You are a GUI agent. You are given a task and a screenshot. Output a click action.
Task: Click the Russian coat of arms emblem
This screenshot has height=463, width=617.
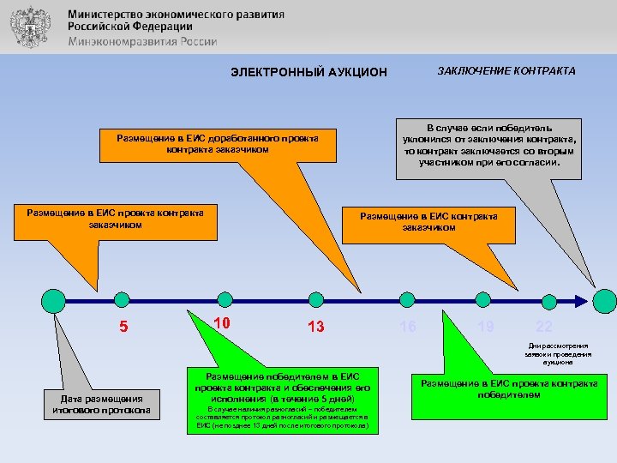click(29, 26)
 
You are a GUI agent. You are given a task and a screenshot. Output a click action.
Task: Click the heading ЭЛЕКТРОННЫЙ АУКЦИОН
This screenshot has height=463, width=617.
click(308, 72)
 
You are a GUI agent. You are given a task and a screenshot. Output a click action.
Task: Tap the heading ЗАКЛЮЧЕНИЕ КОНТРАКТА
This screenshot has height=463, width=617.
click(506, 71)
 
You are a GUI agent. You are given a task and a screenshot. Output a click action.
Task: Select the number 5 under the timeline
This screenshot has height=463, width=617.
click(123, 326)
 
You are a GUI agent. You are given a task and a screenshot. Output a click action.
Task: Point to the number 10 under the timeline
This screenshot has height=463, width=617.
click(221, 322)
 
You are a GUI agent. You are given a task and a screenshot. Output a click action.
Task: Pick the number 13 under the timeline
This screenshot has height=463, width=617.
click(315, 326)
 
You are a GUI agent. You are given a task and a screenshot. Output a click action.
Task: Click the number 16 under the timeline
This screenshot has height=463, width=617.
click(408, 326)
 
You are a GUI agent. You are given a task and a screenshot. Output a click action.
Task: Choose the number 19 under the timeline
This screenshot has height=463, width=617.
click(486, 326)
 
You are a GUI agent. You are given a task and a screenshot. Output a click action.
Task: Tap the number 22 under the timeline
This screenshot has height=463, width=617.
click(543, 326)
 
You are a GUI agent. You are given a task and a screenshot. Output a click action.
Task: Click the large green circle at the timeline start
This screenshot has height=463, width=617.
click(53, 300)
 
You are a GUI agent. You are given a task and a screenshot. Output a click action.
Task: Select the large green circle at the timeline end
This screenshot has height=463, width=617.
click(605, 300)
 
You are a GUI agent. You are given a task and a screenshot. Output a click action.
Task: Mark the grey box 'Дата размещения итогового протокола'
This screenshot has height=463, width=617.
click(101, 404)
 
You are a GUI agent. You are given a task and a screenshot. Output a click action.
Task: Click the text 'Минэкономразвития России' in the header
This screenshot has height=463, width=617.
click(142, 41)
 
